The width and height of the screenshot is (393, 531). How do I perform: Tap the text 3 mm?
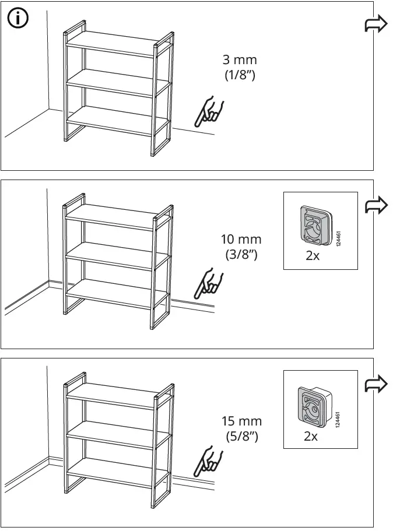(240, 60)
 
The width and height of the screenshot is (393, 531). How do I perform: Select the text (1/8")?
(240, 75)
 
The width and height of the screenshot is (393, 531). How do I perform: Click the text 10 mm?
(241, 239)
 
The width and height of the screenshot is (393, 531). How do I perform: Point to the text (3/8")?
(241, 254)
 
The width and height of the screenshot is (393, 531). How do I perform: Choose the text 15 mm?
(241, 421)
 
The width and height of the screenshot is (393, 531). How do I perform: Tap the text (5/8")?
(241, 435)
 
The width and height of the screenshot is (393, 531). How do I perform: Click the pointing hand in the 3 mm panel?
(210, 112)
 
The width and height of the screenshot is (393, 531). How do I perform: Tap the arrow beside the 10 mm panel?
(376, 205)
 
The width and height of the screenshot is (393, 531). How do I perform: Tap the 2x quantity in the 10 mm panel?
(313, 256)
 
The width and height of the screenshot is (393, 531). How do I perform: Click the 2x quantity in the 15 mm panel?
(311, 436)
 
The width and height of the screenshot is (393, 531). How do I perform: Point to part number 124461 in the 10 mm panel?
(339, 238)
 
